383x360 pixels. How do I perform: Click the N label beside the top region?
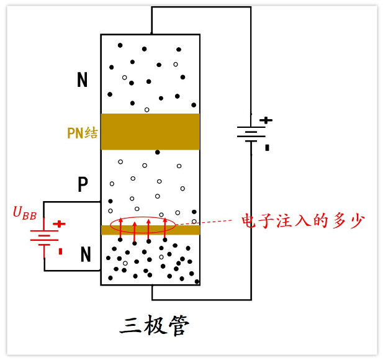point(82,80)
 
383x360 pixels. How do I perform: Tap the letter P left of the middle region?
point(83,184)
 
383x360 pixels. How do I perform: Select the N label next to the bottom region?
point(86,254)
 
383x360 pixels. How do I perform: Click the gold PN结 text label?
point(82,133)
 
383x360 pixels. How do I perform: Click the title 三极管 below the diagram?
point(154,325)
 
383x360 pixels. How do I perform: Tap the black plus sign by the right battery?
point(266,120)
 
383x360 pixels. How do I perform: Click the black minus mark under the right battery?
point(267,148)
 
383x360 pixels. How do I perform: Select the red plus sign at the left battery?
point(59,223)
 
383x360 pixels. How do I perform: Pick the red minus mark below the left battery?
point(60,251)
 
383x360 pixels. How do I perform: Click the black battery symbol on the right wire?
point(251,133)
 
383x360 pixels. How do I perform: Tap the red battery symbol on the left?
point(44,237)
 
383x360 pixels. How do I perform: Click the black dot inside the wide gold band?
point(158,152)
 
